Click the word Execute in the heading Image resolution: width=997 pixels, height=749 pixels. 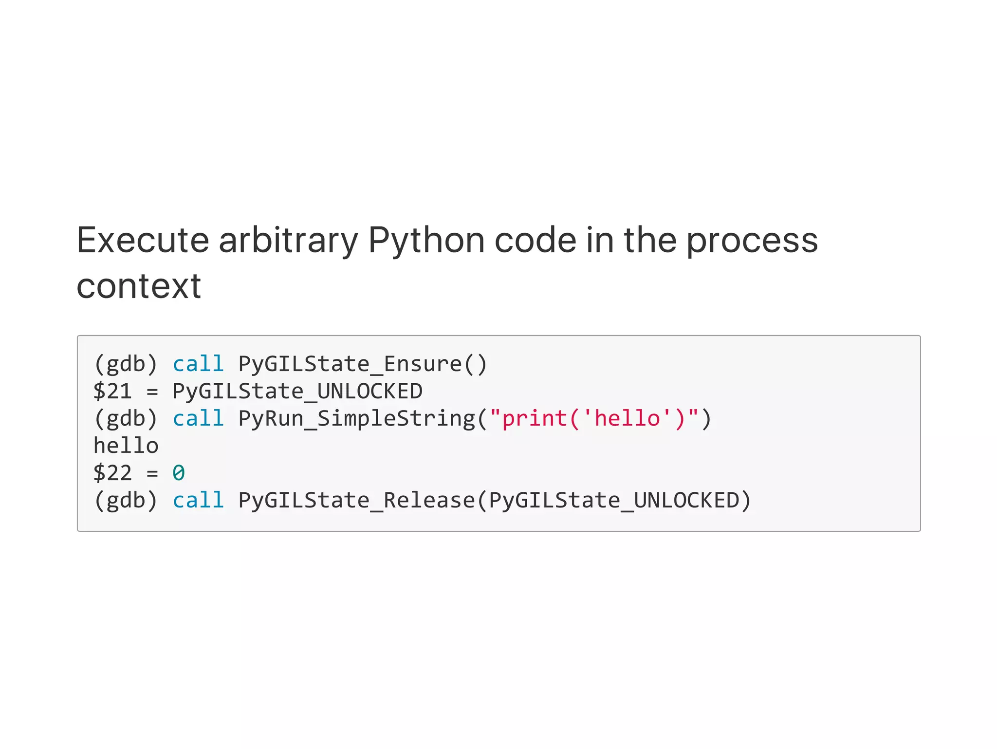(x=142, y=241)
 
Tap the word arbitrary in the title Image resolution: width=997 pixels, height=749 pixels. (x=288, y=241)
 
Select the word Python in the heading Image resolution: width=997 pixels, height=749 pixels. (x=426, y=241)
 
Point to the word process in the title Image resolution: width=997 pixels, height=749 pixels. (x=752, y=241)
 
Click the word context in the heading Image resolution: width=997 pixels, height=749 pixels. (x=139, y=286)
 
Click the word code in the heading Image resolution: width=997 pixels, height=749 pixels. (x=535, y=241)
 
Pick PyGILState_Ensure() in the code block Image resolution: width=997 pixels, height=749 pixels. (x=362, y=364)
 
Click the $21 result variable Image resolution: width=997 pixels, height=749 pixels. (x=112, y=392)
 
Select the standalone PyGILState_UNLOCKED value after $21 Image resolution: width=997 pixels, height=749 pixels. (x=297, y=392)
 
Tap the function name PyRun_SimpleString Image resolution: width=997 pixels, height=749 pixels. (x=356, y=419)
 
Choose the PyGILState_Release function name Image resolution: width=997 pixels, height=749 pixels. (x=356, y=501)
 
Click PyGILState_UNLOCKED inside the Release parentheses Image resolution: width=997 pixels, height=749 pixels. (x=614, y=501)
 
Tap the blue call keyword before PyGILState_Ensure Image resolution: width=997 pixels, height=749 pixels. (x=198, y=364)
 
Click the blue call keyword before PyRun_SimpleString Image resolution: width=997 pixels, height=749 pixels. (x=198, y=419)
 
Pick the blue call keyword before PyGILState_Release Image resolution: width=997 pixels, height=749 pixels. (x=198, y=501)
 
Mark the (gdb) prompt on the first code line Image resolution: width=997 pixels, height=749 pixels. (x=126, y=364)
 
